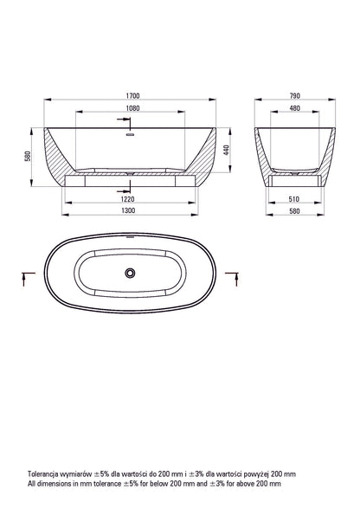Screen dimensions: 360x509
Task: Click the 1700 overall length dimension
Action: (132, 96)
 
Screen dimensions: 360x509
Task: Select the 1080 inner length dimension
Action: (132, 108)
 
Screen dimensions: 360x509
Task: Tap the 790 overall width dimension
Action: (295, 96)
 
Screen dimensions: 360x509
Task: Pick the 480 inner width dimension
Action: (295, 108)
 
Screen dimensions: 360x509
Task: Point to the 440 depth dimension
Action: (227, 150)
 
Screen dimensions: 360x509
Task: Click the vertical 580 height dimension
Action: (28, 156)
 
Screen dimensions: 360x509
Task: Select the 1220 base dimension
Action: (127, 199)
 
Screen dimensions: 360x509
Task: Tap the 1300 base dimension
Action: (128, 210)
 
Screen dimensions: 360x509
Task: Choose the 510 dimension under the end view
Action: (294, 199)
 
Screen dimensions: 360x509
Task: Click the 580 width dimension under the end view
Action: (294, 211)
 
